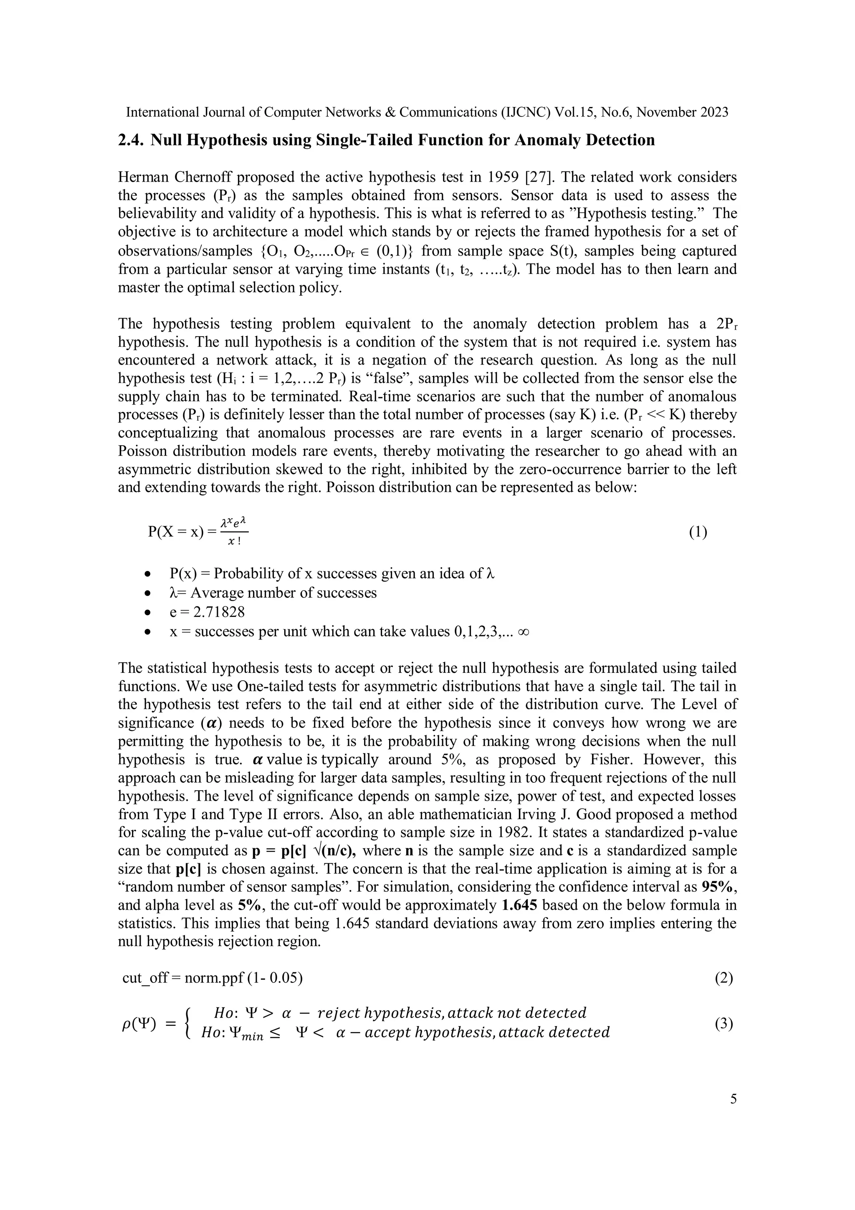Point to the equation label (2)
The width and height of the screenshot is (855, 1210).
(724, 978)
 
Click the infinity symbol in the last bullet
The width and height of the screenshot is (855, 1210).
(523, 632)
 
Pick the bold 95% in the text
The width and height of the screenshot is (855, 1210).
(719, 887)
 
